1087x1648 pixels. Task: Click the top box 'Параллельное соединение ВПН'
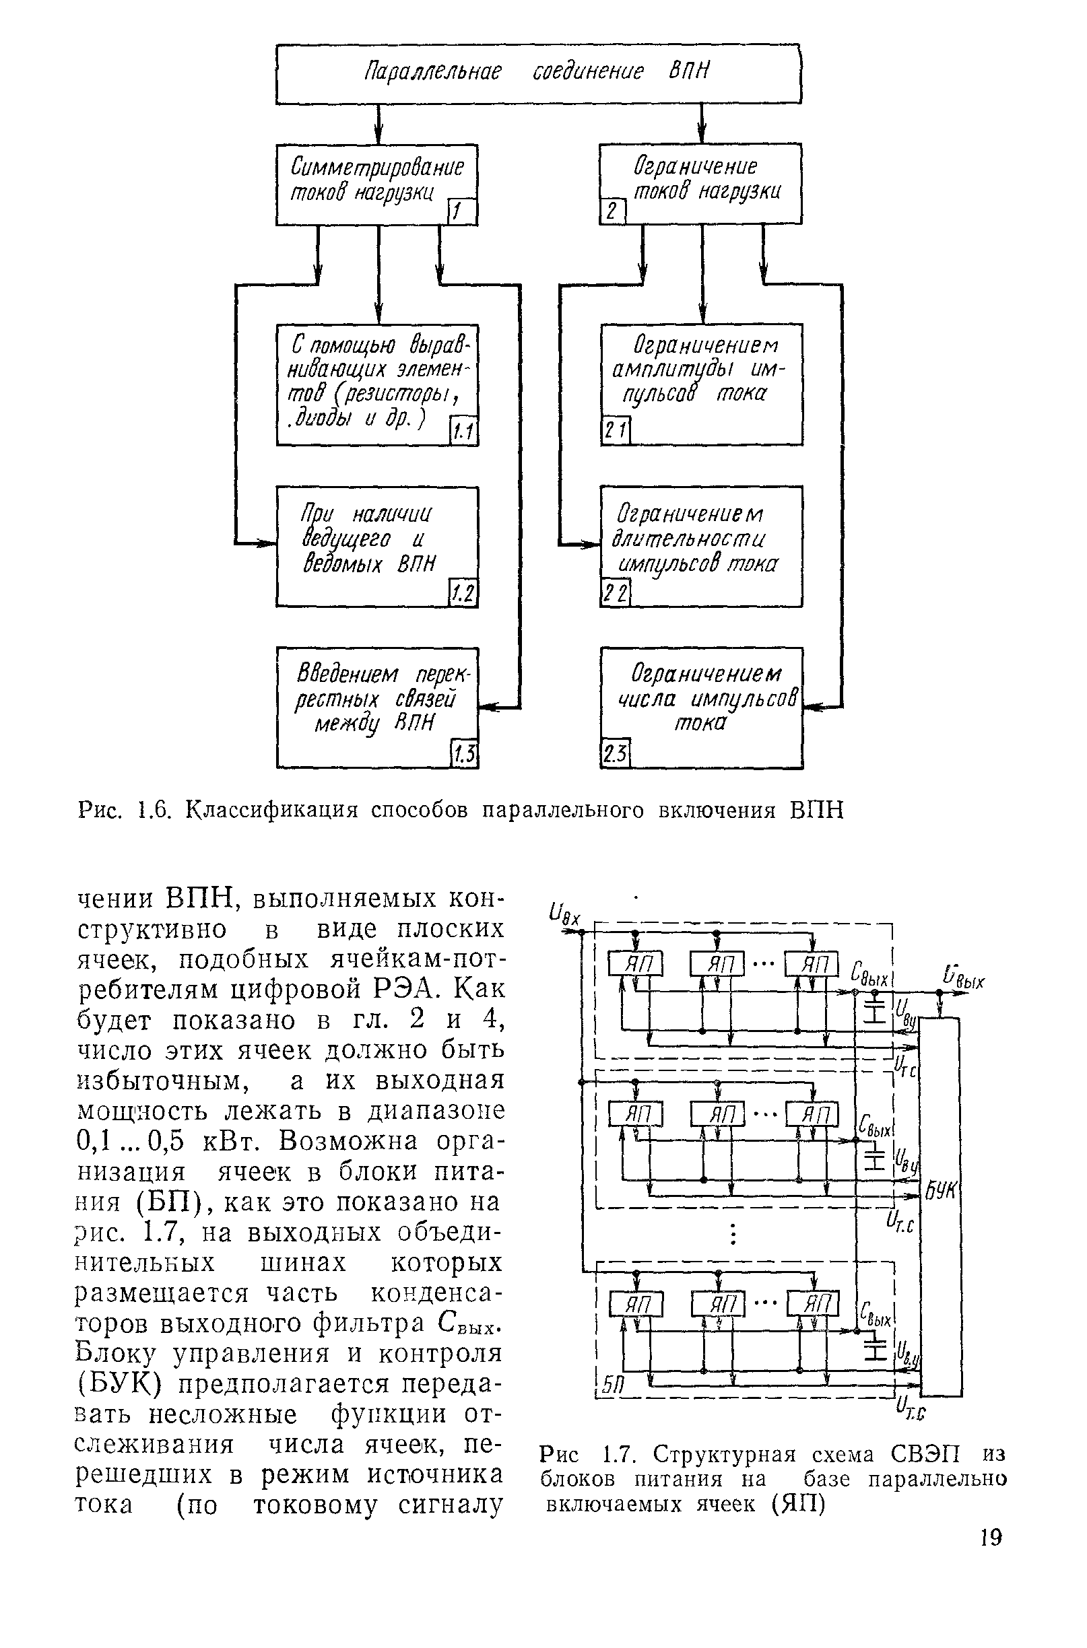click(538, 73)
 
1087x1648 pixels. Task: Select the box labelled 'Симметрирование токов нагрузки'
click(377, 184)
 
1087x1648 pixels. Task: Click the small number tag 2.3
click(614, 755)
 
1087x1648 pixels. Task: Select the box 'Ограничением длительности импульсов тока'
click(701, 546)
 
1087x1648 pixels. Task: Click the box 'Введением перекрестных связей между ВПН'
click(377, 707)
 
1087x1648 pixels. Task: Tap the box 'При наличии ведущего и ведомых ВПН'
click(377, 546)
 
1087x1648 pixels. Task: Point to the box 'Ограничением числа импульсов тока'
click(701, 707)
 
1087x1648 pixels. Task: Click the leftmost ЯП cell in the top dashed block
click(636, 964)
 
